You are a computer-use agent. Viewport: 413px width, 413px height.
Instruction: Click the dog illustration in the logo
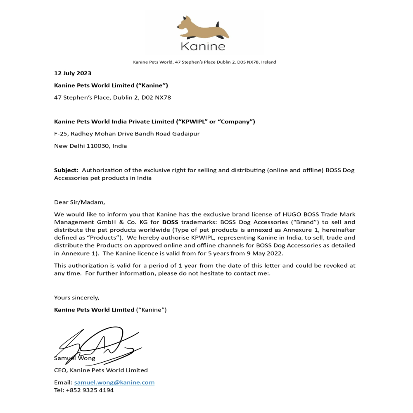(203, 28)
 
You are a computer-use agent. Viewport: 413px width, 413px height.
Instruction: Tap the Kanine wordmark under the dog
(203, 46)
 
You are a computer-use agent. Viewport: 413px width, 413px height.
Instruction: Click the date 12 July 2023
(73, 74)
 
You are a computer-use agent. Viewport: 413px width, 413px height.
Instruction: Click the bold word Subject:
(66, 170)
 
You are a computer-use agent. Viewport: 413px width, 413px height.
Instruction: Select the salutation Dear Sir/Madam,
(80, 202)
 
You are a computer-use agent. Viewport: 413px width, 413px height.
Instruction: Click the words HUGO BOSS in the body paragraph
(299, 214)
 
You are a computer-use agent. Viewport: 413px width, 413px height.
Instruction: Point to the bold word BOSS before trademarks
(170, 222)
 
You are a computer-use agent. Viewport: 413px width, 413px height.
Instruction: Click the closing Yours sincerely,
(77, 297)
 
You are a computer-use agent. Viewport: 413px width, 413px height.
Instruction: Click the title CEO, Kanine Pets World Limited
(101, 370)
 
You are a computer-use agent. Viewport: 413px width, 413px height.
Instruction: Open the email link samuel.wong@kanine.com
(114, 382)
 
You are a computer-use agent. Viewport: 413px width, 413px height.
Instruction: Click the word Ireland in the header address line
(268, 62)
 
